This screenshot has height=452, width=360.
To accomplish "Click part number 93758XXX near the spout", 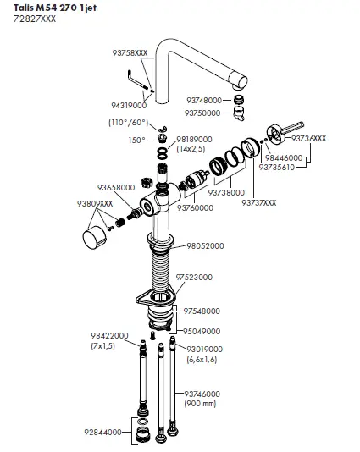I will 129,52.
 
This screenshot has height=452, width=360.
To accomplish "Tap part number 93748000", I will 203,100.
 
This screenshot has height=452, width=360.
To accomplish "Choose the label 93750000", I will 203,112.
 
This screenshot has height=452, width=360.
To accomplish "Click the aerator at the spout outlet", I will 240,99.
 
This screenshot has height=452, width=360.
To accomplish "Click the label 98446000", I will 285,157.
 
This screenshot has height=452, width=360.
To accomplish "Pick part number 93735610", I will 285,167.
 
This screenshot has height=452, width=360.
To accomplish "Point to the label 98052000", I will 205,245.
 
